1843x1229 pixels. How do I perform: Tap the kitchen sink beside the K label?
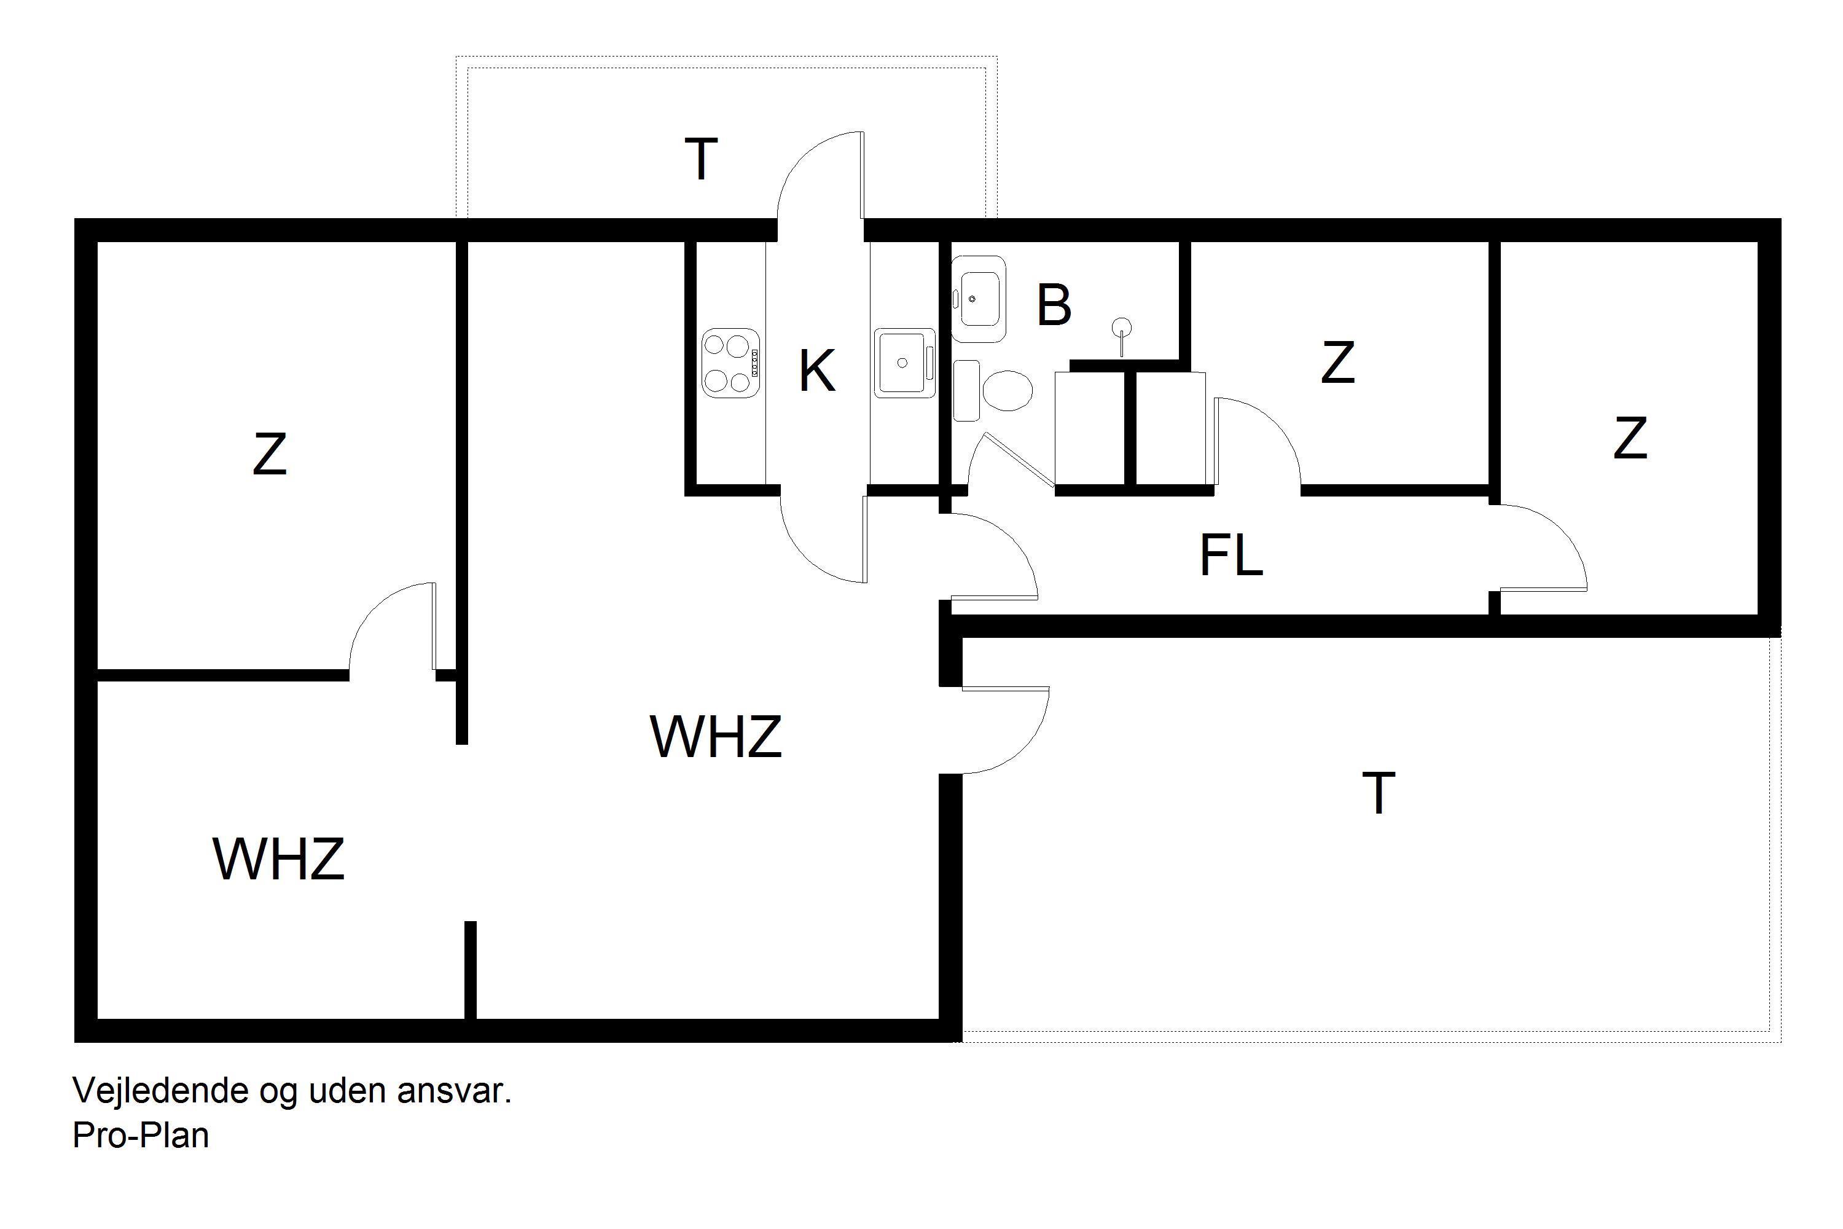[905, 362]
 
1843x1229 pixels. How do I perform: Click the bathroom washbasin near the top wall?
[978, 299]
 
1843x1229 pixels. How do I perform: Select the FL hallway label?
[1231, 555]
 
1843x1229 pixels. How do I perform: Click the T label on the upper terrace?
[702, 159]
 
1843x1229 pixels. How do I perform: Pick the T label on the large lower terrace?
[1379, 793]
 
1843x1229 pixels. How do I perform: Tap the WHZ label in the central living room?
[716, 736]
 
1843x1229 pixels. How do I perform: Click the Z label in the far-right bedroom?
[1630, 438]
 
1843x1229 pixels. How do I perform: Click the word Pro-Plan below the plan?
[141, 1135]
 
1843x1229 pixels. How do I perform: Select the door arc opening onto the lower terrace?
[1005, 731]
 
